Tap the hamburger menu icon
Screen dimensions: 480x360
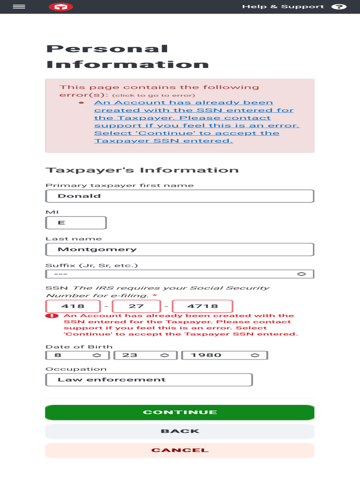coord(19,7)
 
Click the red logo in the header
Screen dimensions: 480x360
coord(61,7)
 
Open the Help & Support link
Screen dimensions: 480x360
coord(283,7)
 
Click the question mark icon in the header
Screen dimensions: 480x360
coord(338,7)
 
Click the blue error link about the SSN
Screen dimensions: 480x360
coord(194,122)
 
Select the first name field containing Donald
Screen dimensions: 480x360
coord(180,196)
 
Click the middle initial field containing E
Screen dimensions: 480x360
coord(76,223)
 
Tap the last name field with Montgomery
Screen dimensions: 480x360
coord(180,249)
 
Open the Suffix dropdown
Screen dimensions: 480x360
coord(180,274)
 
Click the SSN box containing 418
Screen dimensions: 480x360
coord(73,306)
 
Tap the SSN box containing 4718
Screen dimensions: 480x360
coord(202,306)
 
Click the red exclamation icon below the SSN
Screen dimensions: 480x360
coord(54,316)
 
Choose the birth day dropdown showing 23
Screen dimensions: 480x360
coord(143,355)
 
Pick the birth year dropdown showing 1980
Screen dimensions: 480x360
coord(225,355)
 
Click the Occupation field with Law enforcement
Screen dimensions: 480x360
coord(149,380)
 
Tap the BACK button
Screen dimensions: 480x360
coord(180,431)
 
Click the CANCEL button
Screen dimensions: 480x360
coord(180,450)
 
